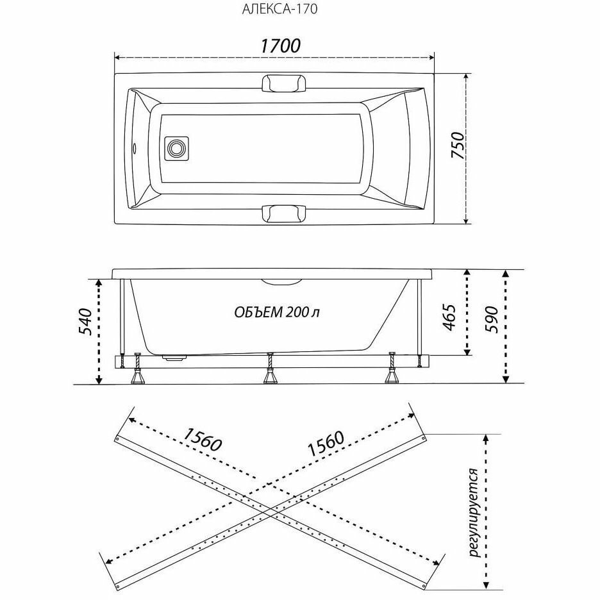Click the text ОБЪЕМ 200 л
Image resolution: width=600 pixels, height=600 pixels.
pyautogui.click(x=277, y=312)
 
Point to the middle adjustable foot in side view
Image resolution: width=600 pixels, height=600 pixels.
pyautogui.click(x=271, y=370)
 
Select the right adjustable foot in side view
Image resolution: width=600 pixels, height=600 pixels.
pyautogui.click(x=391, y=370)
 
